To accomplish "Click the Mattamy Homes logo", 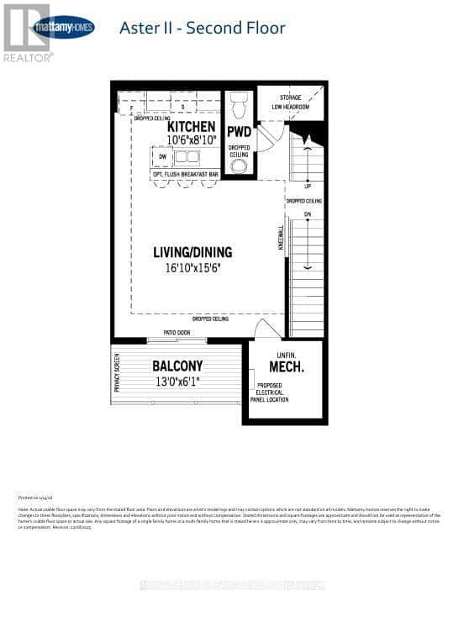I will [61, 27].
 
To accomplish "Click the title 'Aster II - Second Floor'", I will [203, 28].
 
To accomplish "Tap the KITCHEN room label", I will [178, 127].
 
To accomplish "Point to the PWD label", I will [239, 132].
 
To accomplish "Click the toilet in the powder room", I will [239, 105].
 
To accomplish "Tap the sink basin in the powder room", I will [239, 166].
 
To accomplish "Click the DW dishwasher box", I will [163, 156].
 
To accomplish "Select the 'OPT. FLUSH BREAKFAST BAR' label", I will [184, 174].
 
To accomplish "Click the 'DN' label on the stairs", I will [308, 214].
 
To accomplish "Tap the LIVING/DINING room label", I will [192, 252].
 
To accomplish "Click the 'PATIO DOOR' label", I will [176, 334].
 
